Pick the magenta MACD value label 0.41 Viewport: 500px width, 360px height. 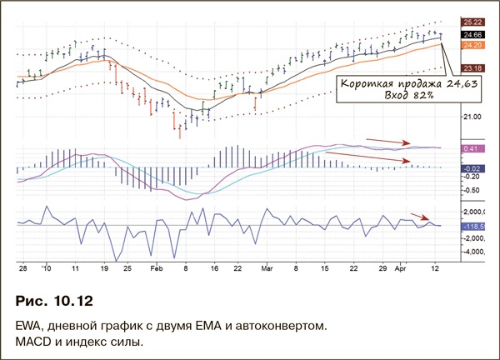(471, 148)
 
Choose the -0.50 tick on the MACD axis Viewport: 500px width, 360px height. (471, 189)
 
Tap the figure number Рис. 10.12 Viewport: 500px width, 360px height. (57, 298)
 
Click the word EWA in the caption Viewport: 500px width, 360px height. (29, 322)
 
